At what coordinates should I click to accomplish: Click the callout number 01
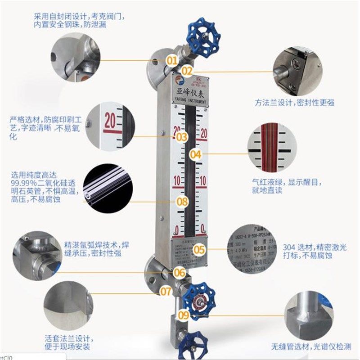coord(172,60)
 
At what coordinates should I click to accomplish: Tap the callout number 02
coord(187,71)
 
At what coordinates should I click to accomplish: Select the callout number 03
coord(181,136)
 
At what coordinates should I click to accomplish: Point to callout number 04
coord(195,154)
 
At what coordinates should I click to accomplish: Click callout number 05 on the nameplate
coord(199,249)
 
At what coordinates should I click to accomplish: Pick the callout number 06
coord(180,272)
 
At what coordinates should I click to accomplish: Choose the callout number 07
coord(166,291)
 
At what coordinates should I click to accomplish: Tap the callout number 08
coord(182,202)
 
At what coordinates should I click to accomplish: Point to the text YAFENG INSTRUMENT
coord(189,102)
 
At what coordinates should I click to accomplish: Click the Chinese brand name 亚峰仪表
coord(189,93)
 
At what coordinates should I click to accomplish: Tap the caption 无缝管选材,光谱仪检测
coord(310,346)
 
